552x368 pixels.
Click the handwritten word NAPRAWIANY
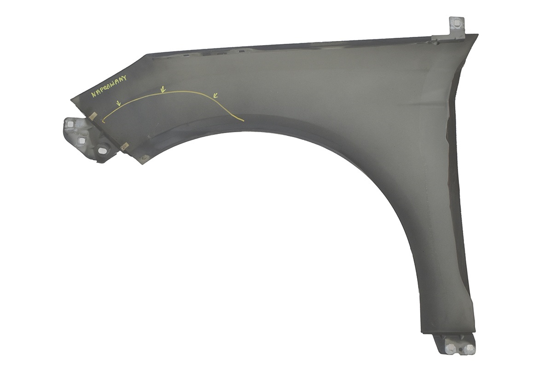point(109,86)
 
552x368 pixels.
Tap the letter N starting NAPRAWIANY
point(93,94)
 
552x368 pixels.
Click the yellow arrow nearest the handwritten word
point(119,103)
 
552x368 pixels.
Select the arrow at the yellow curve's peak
point(163,89)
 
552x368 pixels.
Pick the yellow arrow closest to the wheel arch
point(215,95)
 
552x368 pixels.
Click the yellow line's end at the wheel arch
point(243,121)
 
